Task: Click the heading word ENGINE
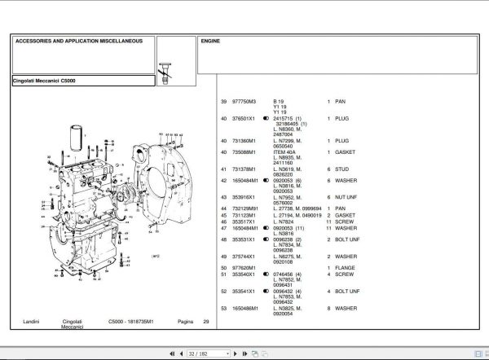click(x=211, y=40)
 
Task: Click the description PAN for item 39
click(x=340, y=102)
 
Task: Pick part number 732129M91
click(x=247, y=209)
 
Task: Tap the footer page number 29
click(x=206, y=323)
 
